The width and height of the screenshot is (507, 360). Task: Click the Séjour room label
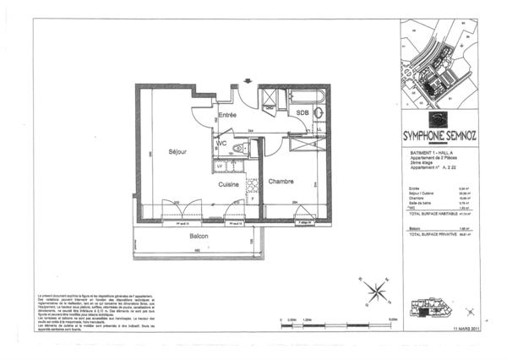[176, 152]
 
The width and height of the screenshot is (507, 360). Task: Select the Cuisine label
[228, 183]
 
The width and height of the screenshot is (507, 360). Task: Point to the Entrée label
[227, 114]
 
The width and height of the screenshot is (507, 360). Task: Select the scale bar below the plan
[333, 324]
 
